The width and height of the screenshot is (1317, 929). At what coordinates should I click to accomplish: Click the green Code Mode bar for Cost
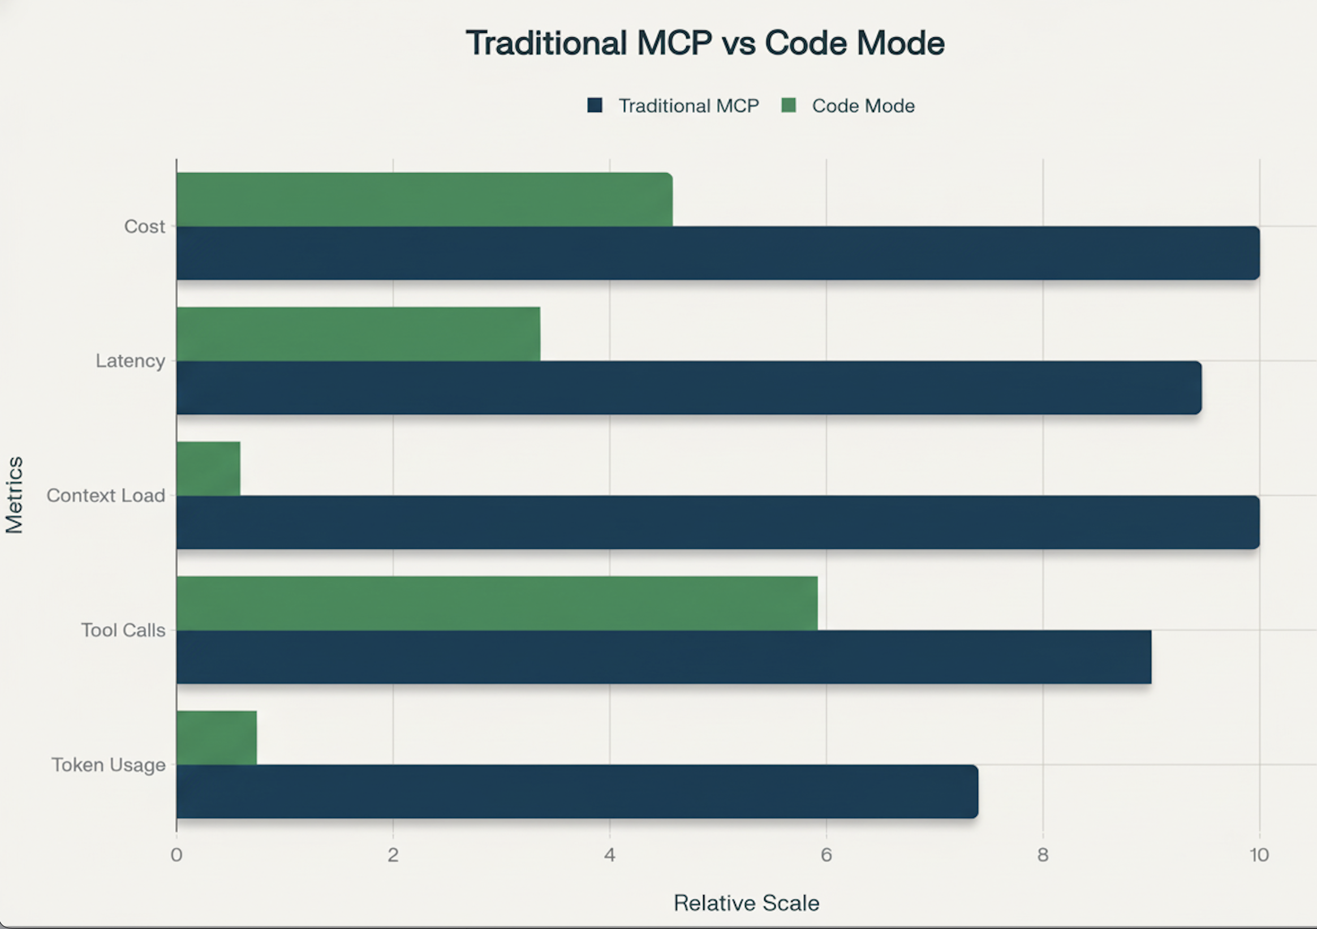coord(424,200)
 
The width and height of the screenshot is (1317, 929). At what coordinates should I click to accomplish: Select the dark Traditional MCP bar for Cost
coord(717,253)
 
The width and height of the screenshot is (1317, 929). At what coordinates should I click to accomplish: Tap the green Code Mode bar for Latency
coord(358,334)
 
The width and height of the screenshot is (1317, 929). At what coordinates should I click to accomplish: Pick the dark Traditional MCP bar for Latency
coord(688,388)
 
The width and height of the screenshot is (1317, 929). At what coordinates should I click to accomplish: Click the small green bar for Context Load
coord(208,468)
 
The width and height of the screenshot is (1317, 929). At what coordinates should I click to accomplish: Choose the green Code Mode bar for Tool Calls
coord(497,603)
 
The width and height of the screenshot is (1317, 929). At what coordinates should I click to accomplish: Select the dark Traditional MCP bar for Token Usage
coord(576,792)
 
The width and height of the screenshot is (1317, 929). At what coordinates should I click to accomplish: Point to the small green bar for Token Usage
coord(216,737)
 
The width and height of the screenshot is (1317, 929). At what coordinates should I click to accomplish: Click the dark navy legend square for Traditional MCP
coord(595,106)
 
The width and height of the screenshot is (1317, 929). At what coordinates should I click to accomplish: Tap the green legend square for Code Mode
coord(789,106)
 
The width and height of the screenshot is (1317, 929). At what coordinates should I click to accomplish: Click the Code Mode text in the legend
coord(863,106)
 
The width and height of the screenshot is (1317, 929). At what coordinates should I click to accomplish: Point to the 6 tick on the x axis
coord(826,855)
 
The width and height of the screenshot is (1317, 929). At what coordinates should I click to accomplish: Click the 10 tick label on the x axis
coord(1259,855)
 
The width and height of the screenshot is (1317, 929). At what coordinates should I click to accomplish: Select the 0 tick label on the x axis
coord(176,855)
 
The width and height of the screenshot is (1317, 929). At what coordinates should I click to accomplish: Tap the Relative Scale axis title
coord(746,903)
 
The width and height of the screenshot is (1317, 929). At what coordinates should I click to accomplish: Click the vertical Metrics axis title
coord(14,494)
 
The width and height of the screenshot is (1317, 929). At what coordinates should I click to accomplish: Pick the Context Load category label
coord(106,495)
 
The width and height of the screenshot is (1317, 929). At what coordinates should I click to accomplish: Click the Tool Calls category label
coord(123,630)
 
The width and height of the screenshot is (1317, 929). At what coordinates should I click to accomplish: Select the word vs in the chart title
coord(739,43)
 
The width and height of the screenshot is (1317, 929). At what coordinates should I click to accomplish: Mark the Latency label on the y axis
coord(130,361)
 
